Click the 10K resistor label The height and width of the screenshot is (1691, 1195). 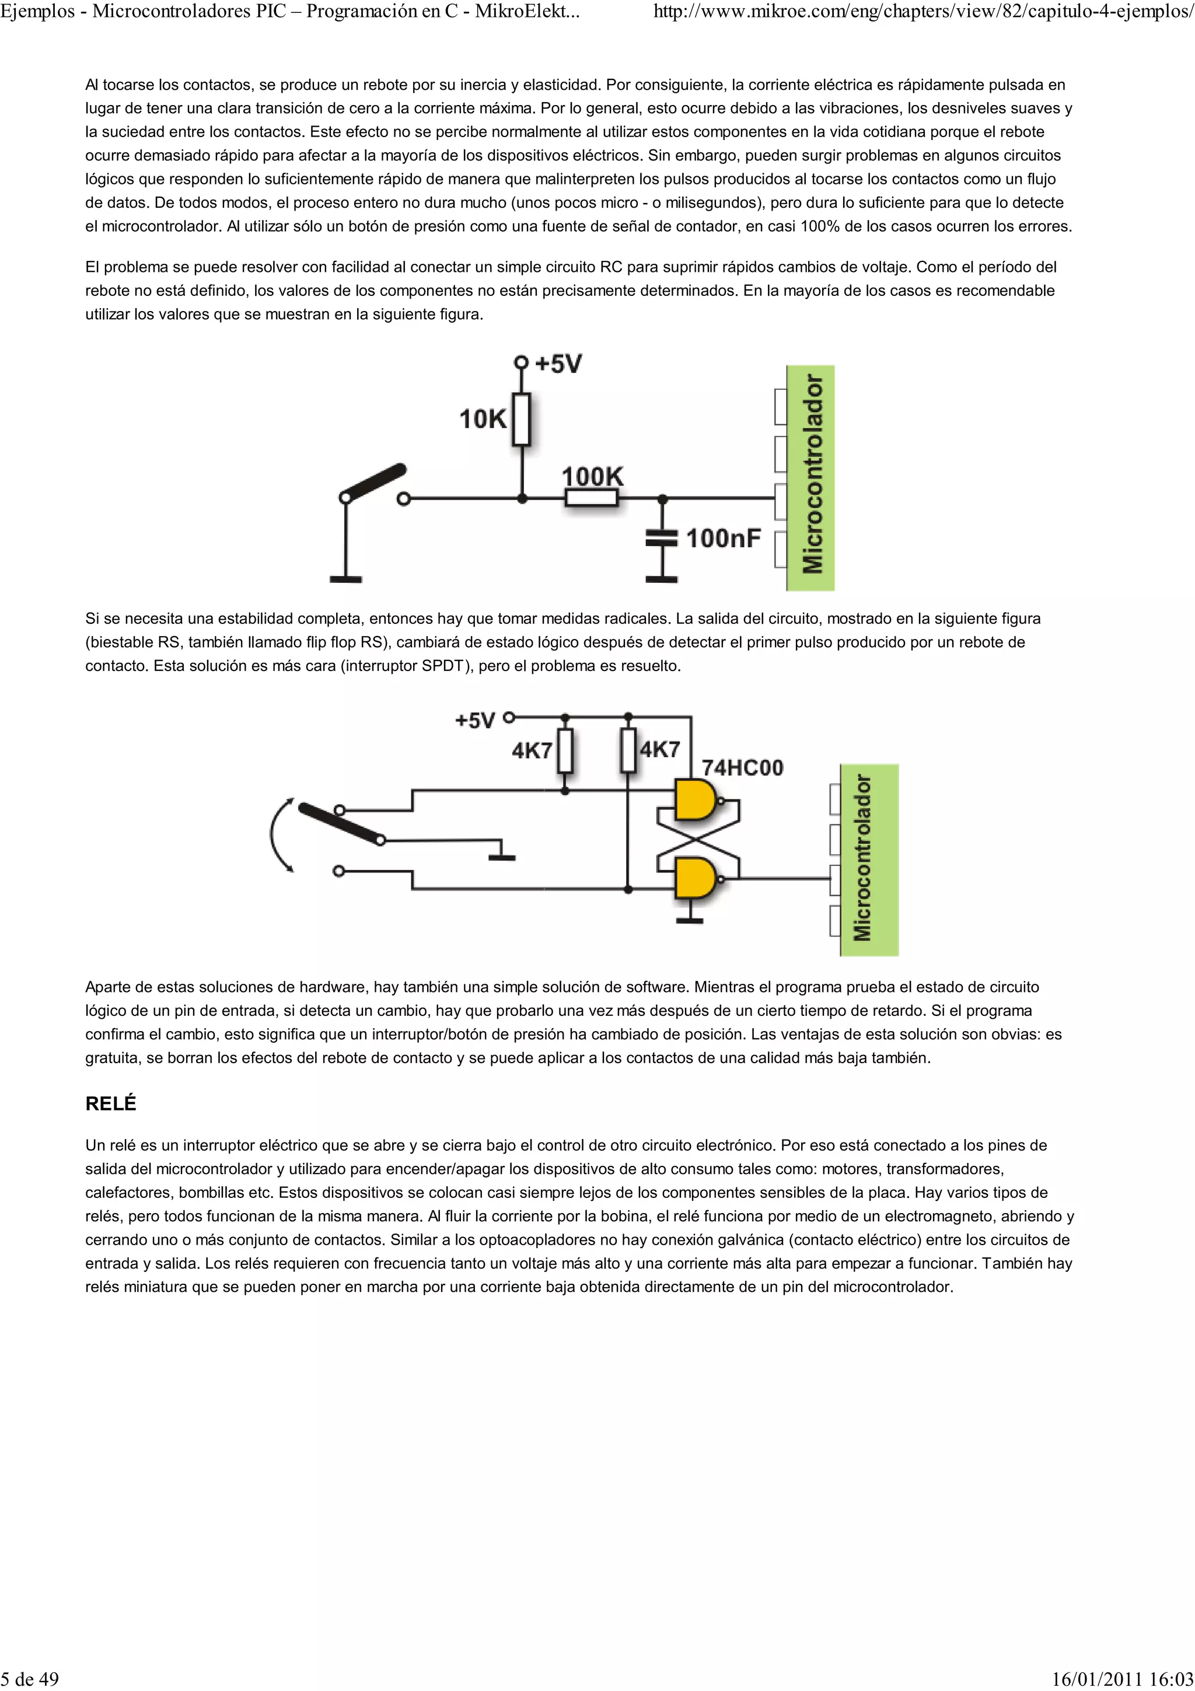point(483,419)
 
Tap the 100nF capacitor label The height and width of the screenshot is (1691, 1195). point(723,539)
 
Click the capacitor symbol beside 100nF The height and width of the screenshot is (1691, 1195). point(661,539)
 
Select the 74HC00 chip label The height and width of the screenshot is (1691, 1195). point(742,767)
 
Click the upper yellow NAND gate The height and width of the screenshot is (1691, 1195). point(696,801)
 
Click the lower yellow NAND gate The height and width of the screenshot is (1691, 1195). point(696,878)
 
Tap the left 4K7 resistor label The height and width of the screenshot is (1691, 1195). point(532,750)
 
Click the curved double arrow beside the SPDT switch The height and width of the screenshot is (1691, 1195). point(280,835)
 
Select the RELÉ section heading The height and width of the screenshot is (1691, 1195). point(111,1103)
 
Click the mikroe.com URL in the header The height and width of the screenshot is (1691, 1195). point(923,12)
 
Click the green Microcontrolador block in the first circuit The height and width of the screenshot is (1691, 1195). point(810,477)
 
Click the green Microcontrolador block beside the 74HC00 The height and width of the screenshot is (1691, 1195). point(869,860)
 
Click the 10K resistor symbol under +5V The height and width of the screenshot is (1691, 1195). point(521,419)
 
